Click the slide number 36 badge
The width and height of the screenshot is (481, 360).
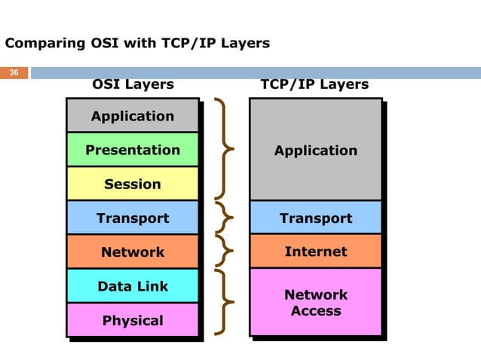tap(14, 73)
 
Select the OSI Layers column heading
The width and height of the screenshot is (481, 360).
tap(133, 84)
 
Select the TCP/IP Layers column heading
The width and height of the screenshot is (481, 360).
tap(314, 84)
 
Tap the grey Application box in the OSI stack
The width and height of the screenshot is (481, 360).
tap(133, 116)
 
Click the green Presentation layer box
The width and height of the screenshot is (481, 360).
tap(133, 150)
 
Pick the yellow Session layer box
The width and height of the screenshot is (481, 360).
tap(133, 184)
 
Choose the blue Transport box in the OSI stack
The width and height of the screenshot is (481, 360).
tap(133, 218)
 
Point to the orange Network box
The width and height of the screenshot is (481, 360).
tap(133, 252)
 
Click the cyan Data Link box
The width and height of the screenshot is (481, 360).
tap(133, 286)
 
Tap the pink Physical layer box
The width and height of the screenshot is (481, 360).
tap(133, 320)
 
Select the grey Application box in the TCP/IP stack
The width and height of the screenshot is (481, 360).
tap(315, 150)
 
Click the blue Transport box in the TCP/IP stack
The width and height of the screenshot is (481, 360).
tap(315, 218)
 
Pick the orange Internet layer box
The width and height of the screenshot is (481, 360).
tap(315, 251)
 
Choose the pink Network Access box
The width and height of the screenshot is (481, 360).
tap(315, 302)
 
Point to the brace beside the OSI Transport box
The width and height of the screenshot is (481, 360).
tap(224, 218)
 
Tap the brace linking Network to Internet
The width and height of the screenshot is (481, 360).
tap(224, 251)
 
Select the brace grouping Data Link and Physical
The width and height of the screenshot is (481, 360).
tap(224, 302)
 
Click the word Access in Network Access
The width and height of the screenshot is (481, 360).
tap(316, 311)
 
